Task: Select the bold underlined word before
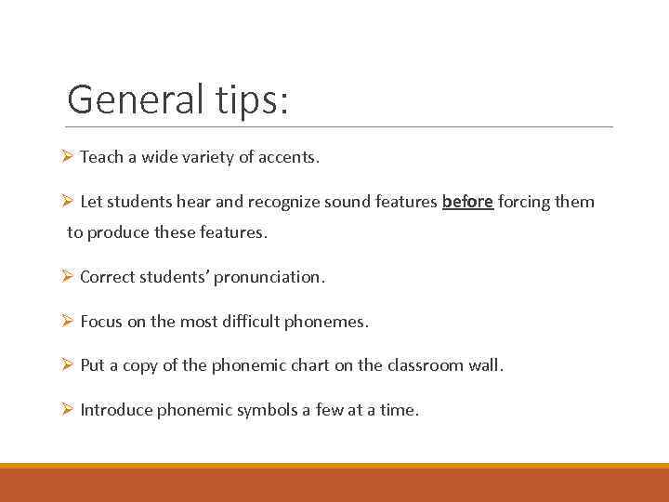coord(467,202)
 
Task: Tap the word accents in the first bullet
coord(288,157)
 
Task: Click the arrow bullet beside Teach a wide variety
coord(67,157)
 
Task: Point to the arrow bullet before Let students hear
coord(67,202)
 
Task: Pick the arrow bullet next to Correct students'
coord(67,277)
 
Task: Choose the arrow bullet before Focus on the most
coord(67,322)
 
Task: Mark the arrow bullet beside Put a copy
coord(67,365)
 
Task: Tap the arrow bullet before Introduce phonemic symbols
coord(67,409)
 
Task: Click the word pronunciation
coord(276,277)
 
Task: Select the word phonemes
coord(326,322)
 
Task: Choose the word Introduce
coord(118,409)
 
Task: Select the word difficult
coord(250,322)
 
